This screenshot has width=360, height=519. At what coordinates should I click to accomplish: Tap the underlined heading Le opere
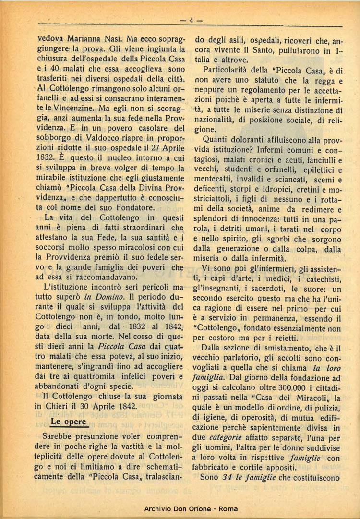click(69, 422)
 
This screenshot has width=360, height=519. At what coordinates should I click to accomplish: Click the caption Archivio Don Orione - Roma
click(191, 509)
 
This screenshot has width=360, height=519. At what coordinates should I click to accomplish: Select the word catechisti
click(323, 279)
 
